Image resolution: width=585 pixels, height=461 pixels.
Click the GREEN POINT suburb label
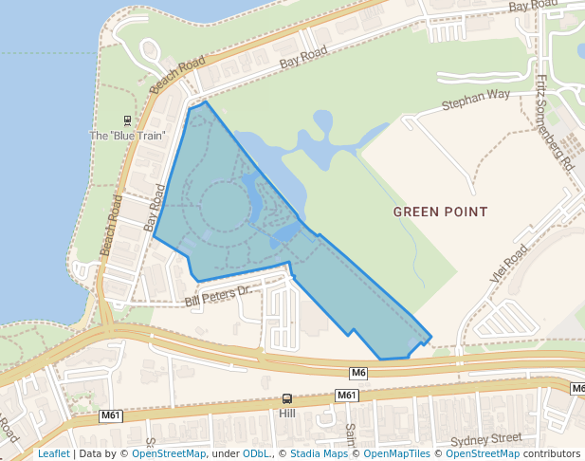(x=440, y=212)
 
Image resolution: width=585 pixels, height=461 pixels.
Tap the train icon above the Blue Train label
(x=127, y=120)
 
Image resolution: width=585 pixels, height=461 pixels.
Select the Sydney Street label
(x=486, y=439)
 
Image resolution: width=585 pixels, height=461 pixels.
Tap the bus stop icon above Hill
(x=287, y=400)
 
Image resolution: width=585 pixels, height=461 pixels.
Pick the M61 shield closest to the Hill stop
(x=347, y=395)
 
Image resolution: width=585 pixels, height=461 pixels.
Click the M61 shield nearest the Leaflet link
(x=112, y=415)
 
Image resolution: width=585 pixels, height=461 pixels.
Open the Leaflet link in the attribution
(x=53, y=453)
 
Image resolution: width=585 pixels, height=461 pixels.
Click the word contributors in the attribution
(x=552, y=453)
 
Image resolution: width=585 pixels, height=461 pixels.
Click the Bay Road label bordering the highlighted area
(x=153, y=208)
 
